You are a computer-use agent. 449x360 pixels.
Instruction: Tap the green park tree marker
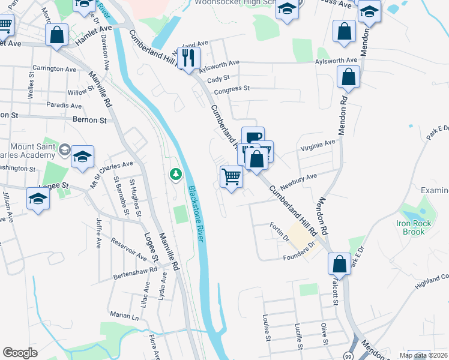click(175, 175)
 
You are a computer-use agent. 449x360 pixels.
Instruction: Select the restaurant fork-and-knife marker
click(190, 58)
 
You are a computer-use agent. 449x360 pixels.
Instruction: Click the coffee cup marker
click(253, 137)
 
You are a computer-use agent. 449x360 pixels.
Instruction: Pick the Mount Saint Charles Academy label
click(33, 151)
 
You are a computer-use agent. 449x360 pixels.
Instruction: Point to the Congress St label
click(232, 89)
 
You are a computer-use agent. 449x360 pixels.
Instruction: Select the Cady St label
click(218, 79)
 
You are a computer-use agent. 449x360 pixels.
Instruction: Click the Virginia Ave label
click(318, 145)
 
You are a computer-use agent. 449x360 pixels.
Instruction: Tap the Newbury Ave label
click(303, 178)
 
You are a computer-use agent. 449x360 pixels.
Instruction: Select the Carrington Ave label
click(55, 69)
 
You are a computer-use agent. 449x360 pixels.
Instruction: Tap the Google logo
click(20, 353)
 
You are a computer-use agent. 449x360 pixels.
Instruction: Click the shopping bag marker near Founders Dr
click(339, 263)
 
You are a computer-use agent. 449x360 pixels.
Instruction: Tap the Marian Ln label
click(124, 314)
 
